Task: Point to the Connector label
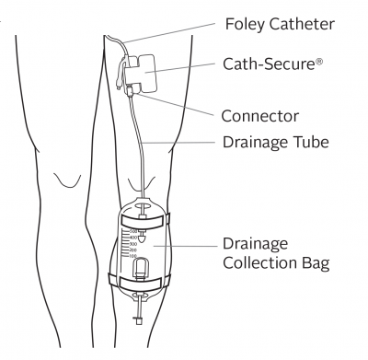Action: pyautogui.click(x=260, y=117)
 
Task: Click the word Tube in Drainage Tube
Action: pyautogui.click(x=306, y=143)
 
